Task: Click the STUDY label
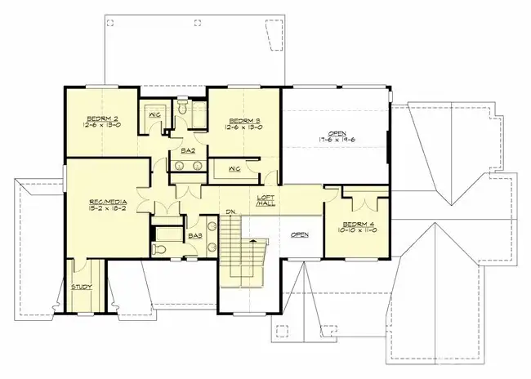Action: point(82,287)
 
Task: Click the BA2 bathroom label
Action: point(186,150)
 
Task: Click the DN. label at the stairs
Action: point(231,213)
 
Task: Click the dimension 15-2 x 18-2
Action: point(105,208)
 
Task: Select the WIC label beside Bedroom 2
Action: point(153,115)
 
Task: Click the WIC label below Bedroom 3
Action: point(234,168)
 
